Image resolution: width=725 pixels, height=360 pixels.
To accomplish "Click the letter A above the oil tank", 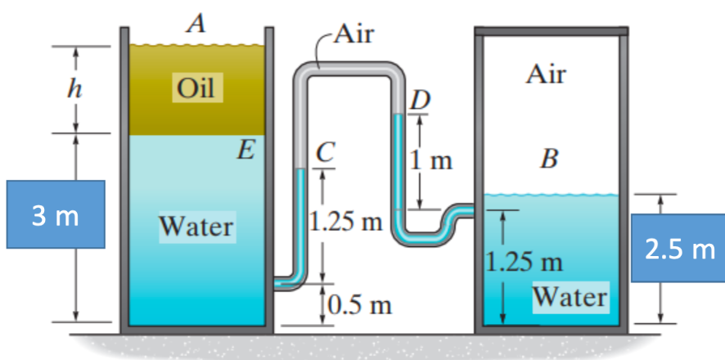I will [x=195, y=24].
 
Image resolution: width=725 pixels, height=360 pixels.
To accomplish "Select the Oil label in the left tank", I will [x=195, y=88].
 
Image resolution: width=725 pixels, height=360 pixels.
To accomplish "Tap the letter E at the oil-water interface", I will [x=244, y=149].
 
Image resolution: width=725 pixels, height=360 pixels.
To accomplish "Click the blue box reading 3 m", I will [x=55, y=217].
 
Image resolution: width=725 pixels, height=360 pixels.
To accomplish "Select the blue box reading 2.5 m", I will [x=678, y=249].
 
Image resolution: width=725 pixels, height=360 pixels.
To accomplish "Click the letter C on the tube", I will [x=325, y=151].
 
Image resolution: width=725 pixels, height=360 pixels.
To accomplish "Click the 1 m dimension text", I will [x=434, y=160].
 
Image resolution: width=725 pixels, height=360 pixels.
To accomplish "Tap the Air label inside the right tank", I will [x=547, y=75].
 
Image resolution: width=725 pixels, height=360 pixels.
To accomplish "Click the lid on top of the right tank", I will [x=552, y=31].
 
